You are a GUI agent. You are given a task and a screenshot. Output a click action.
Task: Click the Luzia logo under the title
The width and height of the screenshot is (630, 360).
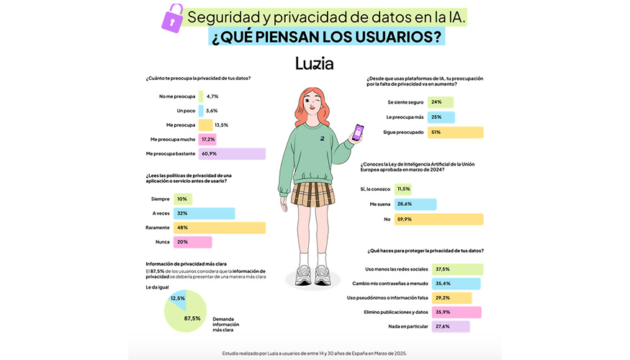click(x=315, y=63)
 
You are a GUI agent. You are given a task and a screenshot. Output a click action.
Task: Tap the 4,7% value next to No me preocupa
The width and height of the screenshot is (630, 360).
click(x=212, y=96)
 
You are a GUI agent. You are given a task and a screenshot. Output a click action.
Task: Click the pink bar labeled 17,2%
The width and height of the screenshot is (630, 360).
click(x=208, y=139)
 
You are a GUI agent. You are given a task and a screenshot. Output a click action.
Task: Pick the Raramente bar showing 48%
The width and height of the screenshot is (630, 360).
click(x=231, y=228)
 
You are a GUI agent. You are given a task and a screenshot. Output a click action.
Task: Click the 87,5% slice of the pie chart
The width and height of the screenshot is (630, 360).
click(x=189, y=317)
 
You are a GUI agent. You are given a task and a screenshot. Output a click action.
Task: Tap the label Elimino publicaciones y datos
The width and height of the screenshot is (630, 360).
click(x=398, y=312)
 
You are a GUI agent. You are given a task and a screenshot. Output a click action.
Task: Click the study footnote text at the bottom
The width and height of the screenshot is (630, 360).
click(x=315, y=353)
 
